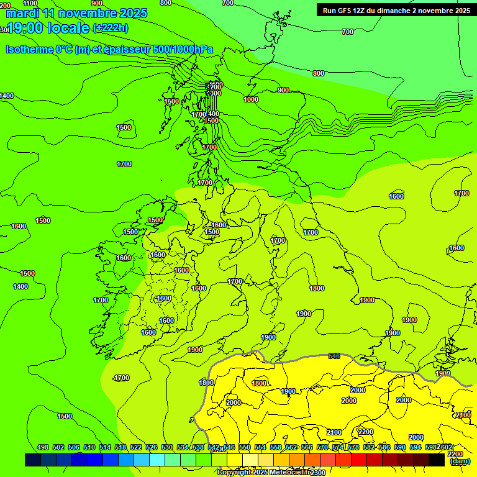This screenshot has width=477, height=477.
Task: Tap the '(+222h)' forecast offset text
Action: tap(111, 28)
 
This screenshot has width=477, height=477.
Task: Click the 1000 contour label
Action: tap(251, 99)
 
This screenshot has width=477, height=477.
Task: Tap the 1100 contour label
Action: tap(30, 3)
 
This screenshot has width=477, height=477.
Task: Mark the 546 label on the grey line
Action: tap(334, 356)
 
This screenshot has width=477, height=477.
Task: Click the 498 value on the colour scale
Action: tap(43, 447)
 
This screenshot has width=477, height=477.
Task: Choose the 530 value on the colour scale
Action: tap(167, 447)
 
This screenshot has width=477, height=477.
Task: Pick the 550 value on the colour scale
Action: tap(245, 447)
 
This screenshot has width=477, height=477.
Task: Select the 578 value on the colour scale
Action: tap(353, 447)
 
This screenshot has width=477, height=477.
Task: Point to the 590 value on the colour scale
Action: tap(400, 447)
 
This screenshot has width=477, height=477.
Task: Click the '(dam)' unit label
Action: tap(460, 461)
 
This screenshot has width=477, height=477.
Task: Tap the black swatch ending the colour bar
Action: tap(437, 460)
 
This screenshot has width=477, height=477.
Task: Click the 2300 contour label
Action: tap(317, 473)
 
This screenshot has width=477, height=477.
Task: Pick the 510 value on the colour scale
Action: tap(89, 447)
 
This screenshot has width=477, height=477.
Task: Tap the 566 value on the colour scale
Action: tap(307, 447)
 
